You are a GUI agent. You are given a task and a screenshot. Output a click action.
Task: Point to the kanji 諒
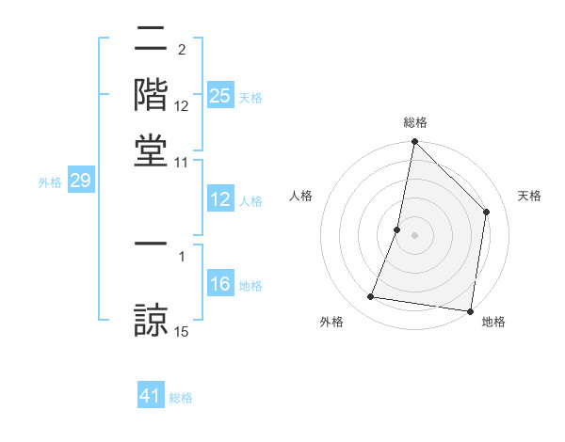152,316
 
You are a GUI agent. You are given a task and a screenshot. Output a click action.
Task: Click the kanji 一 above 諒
152,244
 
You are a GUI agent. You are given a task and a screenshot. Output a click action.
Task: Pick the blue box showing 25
220,95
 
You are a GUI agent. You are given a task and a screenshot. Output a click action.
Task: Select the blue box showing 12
220,199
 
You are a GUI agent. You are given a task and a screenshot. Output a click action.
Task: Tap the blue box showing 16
220,284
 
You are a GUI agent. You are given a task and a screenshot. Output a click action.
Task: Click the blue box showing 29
80,181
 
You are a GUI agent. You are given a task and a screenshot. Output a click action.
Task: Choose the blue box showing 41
151,396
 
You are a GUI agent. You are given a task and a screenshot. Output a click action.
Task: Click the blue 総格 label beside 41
181,398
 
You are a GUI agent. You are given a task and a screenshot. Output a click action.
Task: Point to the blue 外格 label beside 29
50,182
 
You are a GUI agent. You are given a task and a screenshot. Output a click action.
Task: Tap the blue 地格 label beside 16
250,286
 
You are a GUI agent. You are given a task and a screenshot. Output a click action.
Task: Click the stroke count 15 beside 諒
182,330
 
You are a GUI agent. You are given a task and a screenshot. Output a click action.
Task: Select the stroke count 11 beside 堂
182,162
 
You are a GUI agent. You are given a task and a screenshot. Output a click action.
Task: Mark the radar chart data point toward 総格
414,143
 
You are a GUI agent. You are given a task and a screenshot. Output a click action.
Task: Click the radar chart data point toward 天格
487,212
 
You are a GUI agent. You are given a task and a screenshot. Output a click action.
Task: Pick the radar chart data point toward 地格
469,310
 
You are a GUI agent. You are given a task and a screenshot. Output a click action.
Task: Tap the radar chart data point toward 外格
371,297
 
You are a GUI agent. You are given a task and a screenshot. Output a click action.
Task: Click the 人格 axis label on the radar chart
301,196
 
